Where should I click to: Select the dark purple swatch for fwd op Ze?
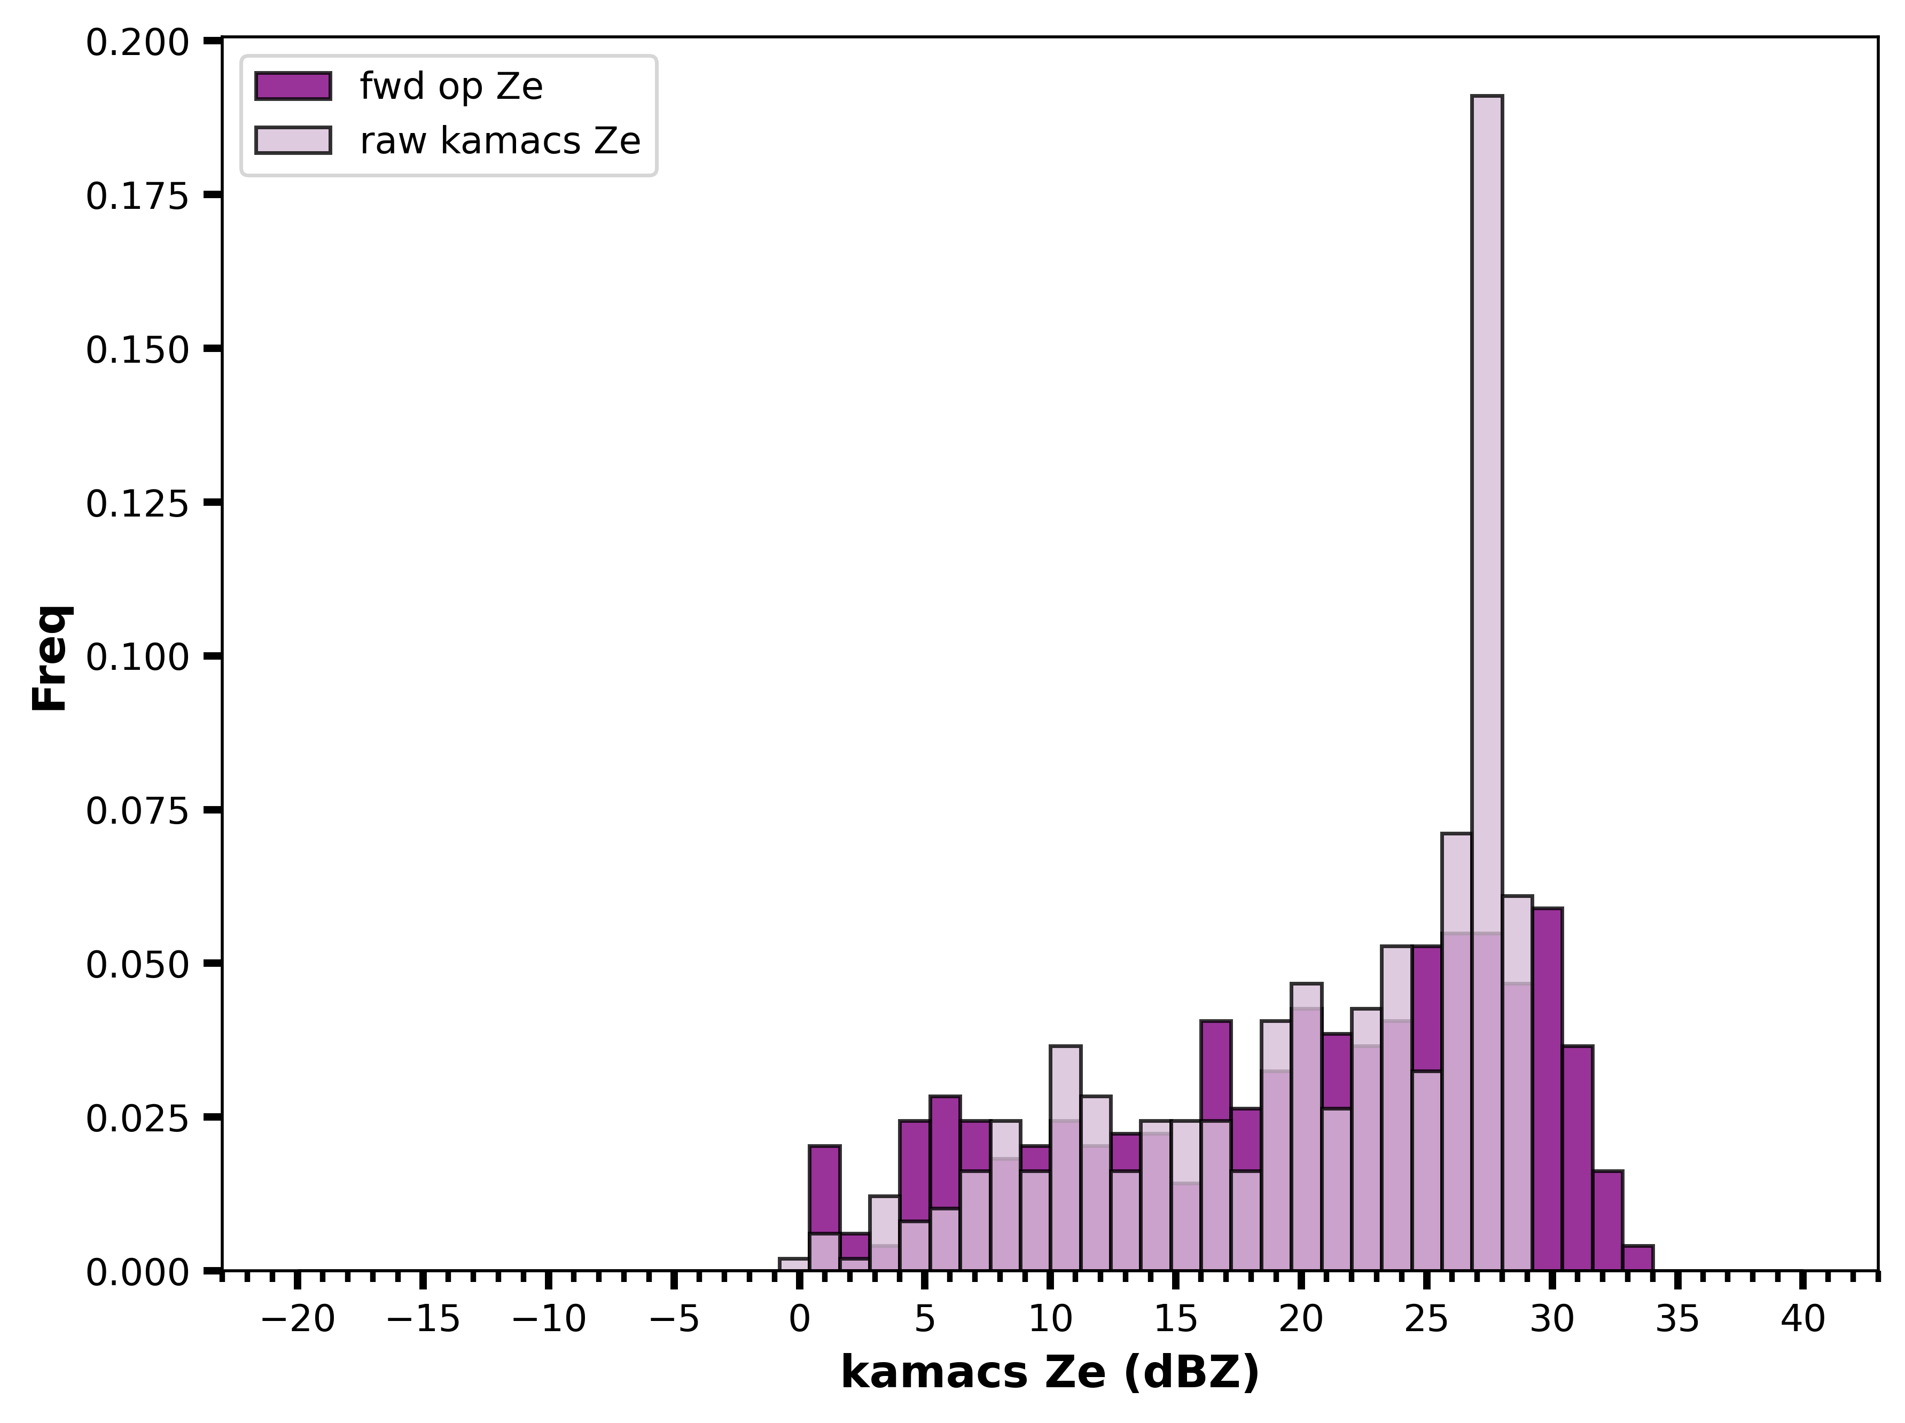pos(293,86)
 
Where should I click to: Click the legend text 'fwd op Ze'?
pos(451,86)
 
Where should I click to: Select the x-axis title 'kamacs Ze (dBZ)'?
pos(1050,1373)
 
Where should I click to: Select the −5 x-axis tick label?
pos(674,1319)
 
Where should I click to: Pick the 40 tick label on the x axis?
pos(1803,1319)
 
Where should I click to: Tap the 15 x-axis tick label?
pos(1176,1319)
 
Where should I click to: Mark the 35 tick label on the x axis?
pos(1677,1319)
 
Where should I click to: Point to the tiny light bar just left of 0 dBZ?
pos(794,1264)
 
